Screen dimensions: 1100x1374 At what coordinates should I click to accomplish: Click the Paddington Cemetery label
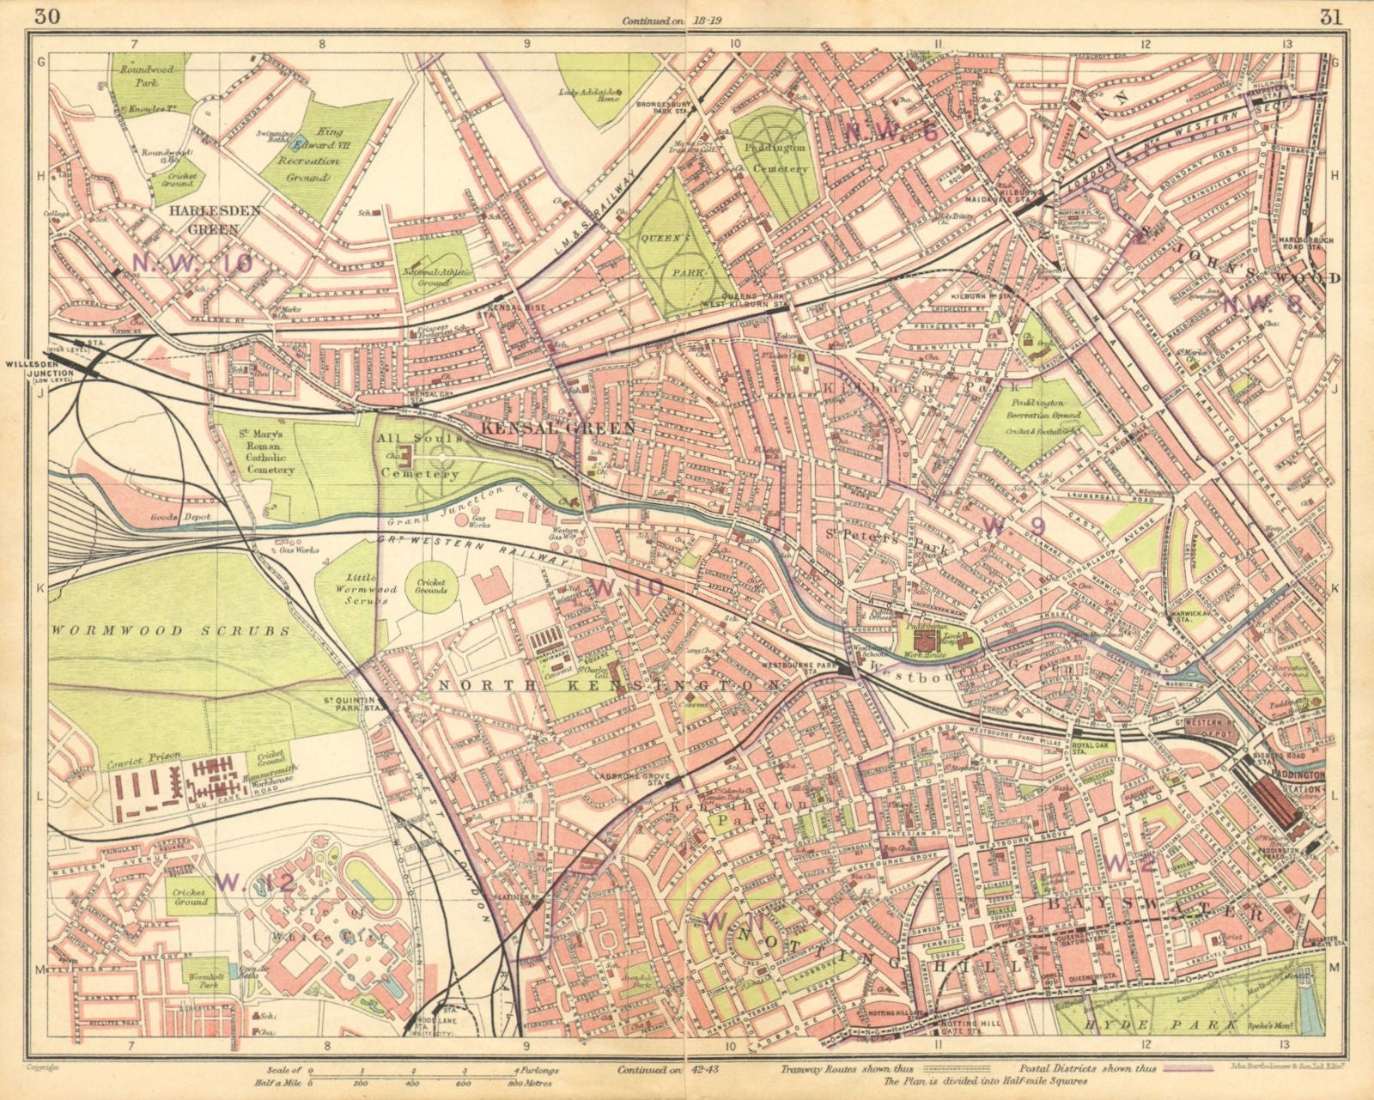(x=776, y=159)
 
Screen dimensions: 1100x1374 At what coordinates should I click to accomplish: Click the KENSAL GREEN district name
(x=558, y=427)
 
